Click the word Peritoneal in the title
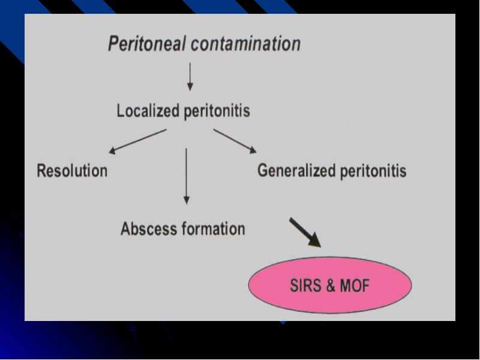click(x=147, y=44)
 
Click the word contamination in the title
click(x=246, y=43)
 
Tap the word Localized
click(x=148, y=110)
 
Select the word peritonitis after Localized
click(x=217, y=111)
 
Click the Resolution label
click(x=72, y=170)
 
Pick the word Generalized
click(x=296, y=170)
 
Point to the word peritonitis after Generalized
click(x=373, y=171)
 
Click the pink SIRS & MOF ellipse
click(x=329, y=285)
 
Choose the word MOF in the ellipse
click(x=355, y=286)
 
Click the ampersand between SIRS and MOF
click(x=331, y=286)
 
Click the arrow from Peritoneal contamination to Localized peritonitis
click(x=190, y=77)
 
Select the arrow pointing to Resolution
click(x=138, y=142)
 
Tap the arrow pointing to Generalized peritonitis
click(x=235, y=141)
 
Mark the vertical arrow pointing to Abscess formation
click(x=187, y=176)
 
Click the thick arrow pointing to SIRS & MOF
click(x=305, y=233)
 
